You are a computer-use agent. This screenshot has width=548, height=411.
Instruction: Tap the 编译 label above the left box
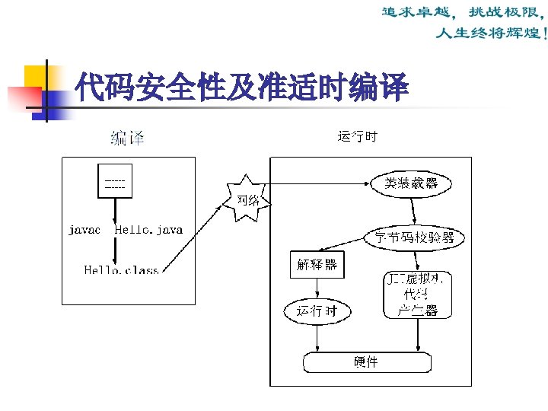(x=127, y=138)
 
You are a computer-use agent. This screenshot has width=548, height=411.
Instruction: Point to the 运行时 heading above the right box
(x=357, y=138)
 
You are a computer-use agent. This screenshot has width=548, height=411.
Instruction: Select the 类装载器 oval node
(x=412, y=183)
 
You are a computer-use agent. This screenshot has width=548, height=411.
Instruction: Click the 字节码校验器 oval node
(x=414, y=237)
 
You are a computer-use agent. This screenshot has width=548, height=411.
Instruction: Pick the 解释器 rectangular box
(x=317, y=266)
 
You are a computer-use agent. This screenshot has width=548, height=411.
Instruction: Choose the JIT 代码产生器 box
(x=418, y=295)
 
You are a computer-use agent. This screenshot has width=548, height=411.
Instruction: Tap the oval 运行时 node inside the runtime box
(x=317, y=311)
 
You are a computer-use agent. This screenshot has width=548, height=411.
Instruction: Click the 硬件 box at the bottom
(x=365, y=362)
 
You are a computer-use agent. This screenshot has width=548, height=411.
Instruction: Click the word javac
(x=84, y=229)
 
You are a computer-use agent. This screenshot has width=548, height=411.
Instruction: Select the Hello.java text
(x=148, y=229)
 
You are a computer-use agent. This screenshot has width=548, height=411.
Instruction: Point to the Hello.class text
(x=121, y=270)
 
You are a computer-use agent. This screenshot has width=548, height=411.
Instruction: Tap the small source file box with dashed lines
(x=115, y=182)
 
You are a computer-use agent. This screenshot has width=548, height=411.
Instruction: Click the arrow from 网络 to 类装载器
(x=320, y=183)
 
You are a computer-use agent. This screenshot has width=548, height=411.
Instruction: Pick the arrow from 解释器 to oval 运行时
(x=317, y=289)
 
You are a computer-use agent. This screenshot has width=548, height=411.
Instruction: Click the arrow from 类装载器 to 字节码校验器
(x=413, y=210)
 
